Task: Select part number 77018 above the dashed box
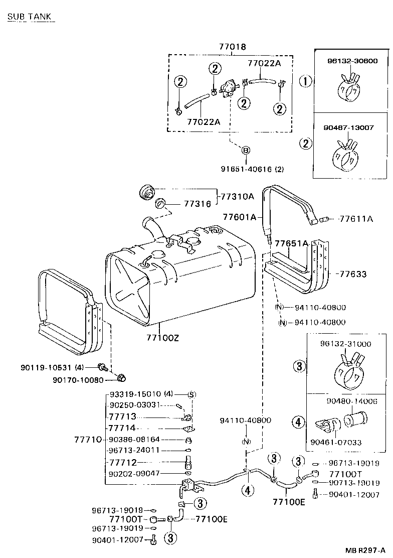pos(232,47)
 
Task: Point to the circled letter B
pos(246,151)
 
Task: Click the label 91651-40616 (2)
pos(246,169)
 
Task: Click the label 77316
pos(197,204)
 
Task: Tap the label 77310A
pos(238,196)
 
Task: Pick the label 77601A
pos(240,217)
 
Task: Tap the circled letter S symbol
pos(191,394)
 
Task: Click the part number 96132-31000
pos(346,344)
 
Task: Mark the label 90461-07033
pos(335,442)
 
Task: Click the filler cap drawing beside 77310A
pos(146,192)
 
